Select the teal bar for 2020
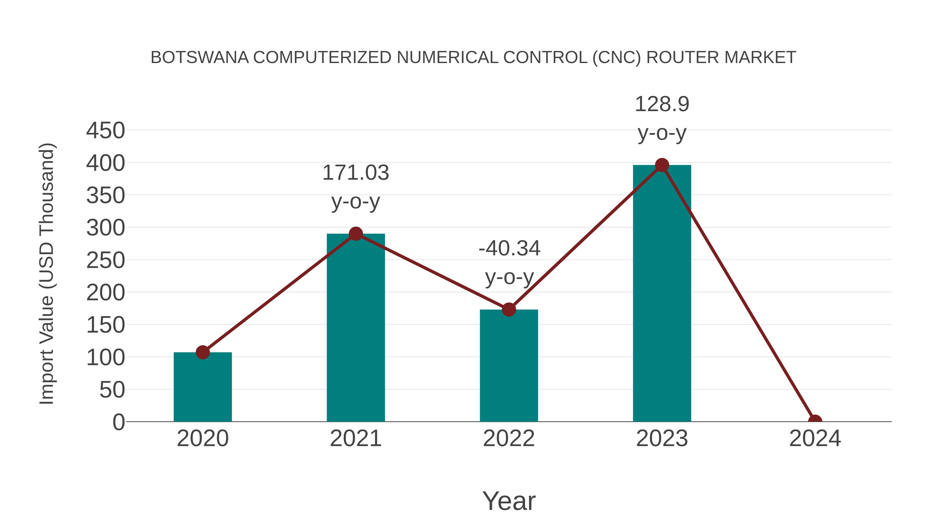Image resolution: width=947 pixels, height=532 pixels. pos(203,387)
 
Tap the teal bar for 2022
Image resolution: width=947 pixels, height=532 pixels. pos(508,366)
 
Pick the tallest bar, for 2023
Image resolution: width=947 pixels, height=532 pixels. pos(662,294)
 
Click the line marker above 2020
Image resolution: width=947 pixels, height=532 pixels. pos(203,352)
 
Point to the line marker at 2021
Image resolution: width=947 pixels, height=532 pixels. pos(355,234)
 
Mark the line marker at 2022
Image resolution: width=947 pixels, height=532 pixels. pos(508,309)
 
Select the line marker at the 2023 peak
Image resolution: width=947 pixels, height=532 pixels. pos(662,165)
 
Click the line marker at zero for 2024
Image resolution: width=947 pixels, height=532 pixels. pos(815,421)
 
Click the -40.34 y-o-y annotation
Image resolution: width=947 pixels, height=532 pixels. pos(509,262)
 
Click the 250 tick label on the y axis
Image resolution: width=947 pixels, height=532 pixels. pos(105,260)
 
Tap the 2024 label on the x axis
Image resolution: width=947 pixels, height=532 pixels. pos(815,438)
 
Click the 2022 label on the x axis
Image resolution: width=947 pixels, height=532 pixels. pos(508,438)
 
